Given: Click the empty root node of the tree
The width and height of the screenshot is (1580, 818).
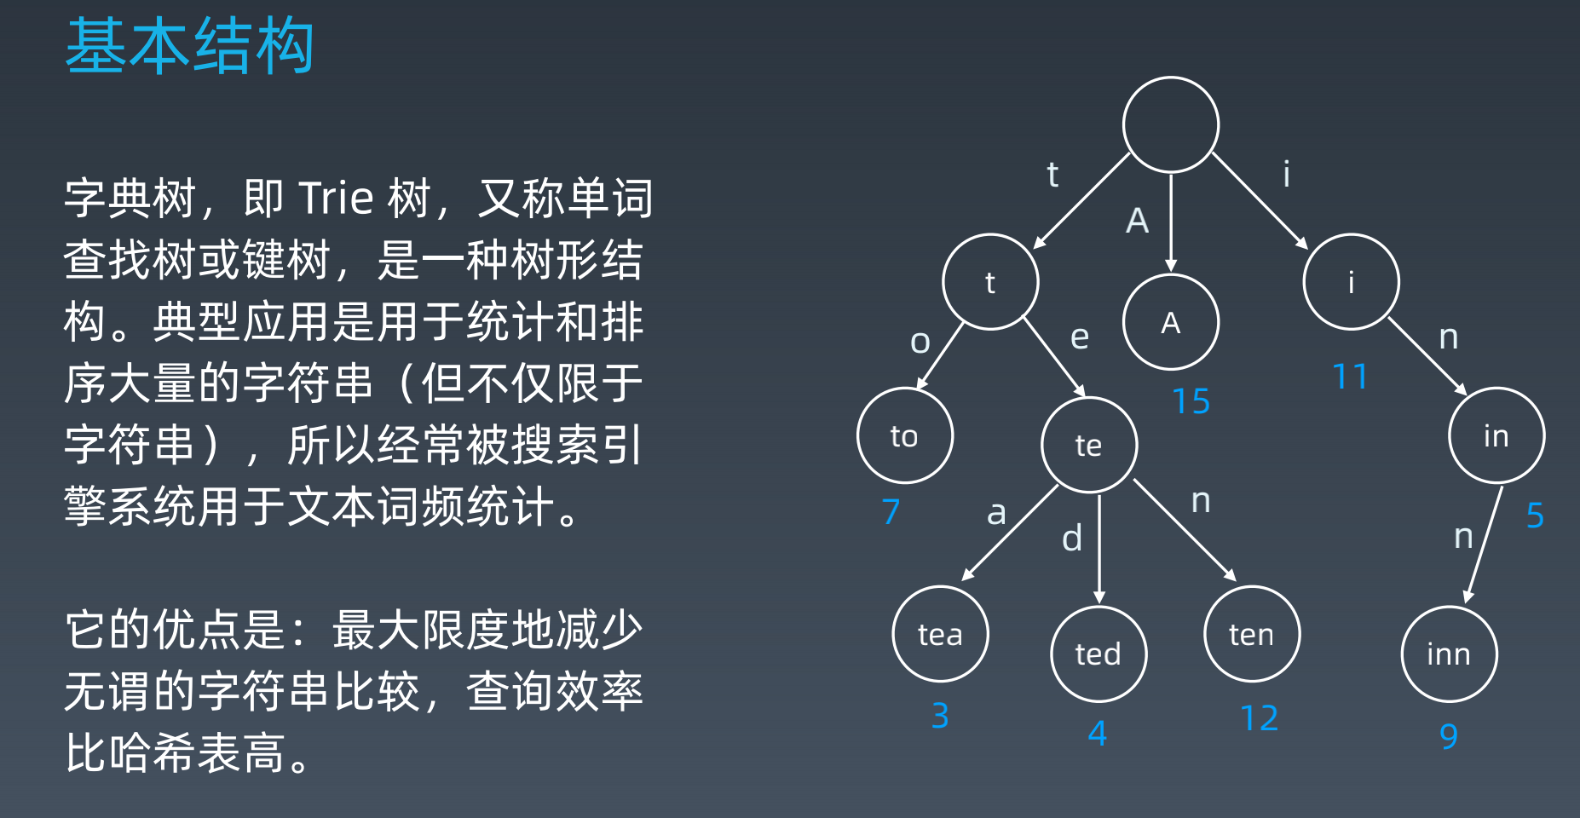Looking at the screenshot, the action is coord(1170,125).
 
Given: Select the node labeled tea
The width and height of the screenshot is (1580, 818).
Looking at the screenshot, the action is coord(940,634).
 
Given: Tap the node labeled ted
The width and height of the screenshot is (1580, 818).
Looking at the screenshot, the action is coord(1098,654).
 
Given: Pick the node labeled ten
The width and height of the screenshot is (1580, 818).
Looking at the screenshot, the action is coord(1251,634).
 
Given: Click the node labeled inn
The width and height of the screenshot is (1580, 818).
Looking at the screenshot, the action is coord(1449,654).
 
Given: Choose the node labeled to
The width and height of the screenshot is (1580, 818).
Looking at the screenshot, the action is coord(904,435).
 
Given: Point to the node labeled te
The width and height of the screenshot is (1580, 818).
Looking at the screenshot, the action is coord(1088,445).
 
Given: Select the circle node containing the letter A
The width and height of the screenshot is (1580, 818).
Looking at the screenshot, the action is coord(1170,322).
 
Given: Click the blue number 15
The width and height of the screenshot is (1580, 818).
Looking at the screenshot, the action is coord(1191,401).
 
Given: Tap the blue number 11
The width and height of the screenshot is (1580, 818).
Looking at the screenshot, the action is coord(1350,377).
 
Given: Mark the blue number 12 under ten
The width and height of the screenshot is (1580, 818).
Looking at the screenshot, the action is coord(1259,718).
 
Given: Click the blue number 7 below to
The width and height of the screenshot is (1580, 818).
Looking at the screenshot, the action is coord(891,511).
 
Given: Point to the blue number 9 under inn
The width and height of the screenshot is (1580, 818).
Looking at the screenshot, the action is coord(1449,736).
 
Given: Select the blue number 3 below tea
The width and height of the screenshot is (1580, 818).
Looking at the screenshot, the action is coord(940,716).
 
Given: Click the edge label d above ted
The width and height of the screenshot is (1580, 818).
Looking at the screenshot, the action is coord(1072,538).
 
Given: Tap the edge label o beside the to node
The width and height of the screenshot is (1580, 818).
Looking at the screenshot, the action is coord(920,341).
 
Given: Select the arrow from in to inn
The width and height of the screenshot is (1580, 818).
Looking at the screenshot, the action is coord(1483,545).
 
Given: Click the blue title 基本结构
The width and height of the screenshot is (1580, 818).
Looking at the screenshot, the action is coord(190,46).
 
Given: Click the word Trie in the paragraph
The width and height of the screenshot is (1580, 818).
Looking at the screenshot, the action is coord(337,198).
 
